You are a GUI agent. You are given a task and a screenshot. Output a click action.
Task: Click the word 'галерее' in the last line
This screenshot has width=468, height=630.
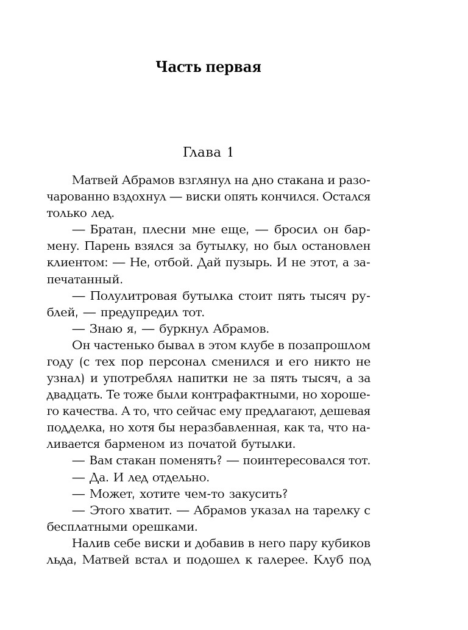point(282,559)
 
